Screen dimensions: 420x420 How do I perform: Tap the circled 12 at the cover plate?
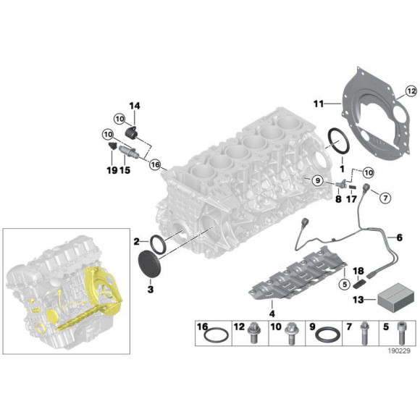tap(411, 91)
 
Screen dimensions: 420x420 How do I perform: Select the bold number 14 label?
tap(134, 106)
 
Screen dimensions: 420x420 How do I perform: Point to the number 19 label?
tap(111, 171)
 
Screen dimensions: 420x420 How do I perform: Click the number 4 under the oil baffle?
tap(272, 314)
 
